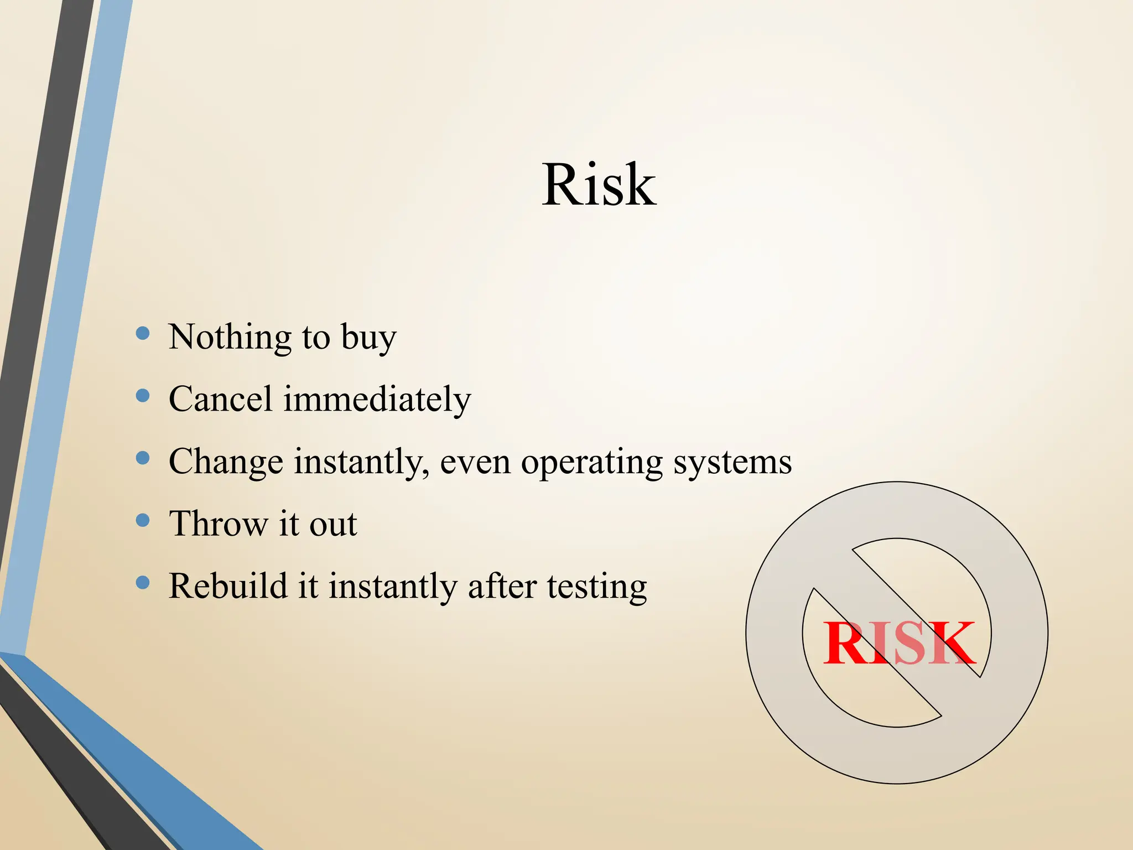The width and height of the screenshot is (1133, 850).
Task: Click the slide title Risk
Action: coord(599,185)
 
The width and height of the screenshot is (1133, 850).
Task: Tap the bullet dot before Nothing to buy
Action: coord(143,333)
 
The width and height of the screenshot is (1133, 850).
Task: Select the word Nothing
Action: coord(230,337)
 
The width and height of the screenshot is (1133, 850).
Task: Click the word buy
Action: coord(368,338)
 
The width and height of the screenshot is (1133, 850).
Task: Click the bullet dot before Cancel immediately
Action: coord(143,395)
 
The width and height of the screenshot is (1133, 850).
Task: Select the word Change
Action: coord(226,462)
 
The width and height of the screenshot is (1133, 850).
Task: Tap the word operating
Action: coord(591,463)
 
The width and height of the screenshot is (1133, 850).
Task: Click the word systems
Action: coord(732,463)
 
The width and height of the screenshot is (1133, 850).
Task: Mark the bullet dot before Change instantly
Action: coord(143,458)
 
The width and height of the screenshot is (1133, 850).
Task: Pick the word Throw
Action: coord(218,524)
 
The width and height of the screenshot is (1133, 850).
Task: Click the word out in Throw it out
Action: coord(333,525)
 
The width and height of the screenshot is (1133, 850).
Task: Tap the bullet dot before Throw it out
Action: coord(143,520)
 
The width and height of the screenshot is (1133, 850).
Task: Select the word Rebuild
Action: coord(228,586)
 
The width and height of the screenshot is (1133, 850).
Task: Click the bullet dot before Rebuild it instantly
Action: coord(143,582)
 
